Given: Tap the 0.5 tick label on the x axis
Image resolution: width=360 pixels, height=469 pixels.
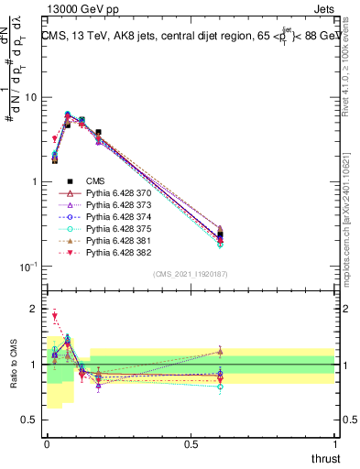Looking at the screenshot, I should (x=191, y=444).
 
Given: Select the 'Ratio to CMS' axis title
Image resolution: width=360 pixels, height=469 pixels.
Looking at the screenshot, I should (x=12, y=365).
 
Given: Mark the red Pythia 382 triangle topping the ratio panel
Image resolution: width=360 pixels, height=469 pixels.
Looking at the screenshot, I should (x=55, y=316).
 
